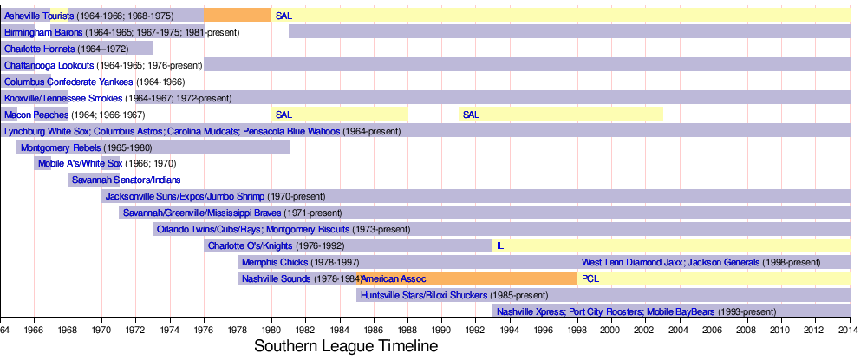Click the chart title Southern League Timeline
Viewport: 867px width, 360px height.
(x=346, y=345)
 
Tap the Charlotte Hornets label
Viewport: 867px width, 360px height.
(x=40, y=49)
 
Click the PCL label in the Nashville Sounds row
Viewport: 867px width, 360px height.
(x=590, y=278)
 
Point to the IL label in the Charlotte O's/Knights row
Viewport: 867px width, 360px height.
(x=500, y=245)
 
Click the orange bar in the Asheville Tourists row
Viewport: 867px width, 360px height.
(x=238, y=16)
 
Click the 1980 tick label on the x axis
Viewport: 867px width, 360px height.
(x=271, y=330)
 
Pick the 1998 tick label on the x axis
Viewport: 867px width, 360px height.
(x=577, y=330)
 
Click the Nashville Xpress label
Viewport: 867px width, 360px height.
(x=531, y=311)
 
